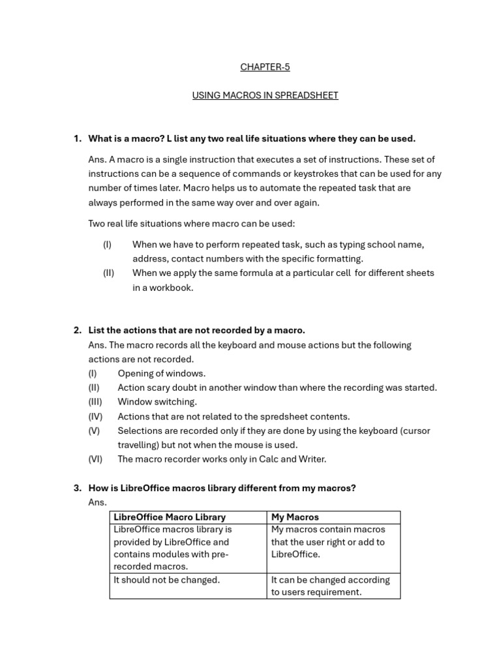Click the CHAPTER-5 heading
[265, 67]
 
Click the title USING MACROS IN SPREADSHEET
[265, 95]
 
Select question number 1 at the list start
[77, 138]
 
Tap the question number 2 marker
[77, 330]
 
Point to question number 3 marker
[77, 488]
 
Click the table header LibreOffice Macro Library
[170, 517]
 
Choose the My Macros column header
[295, 517]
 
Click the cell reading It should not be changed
[166, 580]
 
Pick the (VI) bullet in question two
[95, 459]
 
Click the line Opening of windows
[161, 373]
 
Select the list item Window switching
[157, 402]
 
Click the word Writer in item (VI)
[312, 459]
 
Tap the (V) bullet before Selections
[94, 431]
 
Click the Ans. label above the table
[97, 502]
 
